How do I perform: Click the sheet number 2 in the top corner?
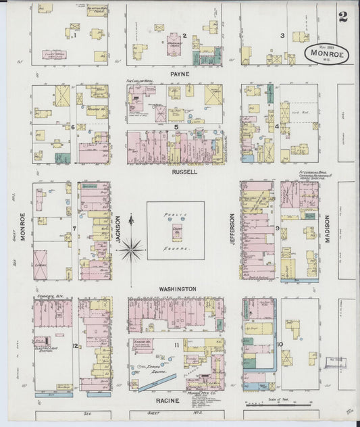coord(343,17)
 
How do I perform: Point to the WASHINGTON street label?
coord(178,288)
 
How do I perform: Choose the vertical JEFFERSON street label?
coord(232,229)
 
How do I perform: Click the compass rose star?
coord(132,251)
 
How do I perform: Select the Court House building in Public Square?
coord(176,230)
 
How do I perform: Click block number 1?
coord(76,36)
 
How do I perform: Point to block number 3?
coord(282,35)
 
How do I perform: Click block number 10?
coord(279,345)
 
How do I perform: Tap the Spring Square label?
coord(155,368)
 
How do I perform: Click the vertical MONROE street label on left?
coord(22,229)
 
